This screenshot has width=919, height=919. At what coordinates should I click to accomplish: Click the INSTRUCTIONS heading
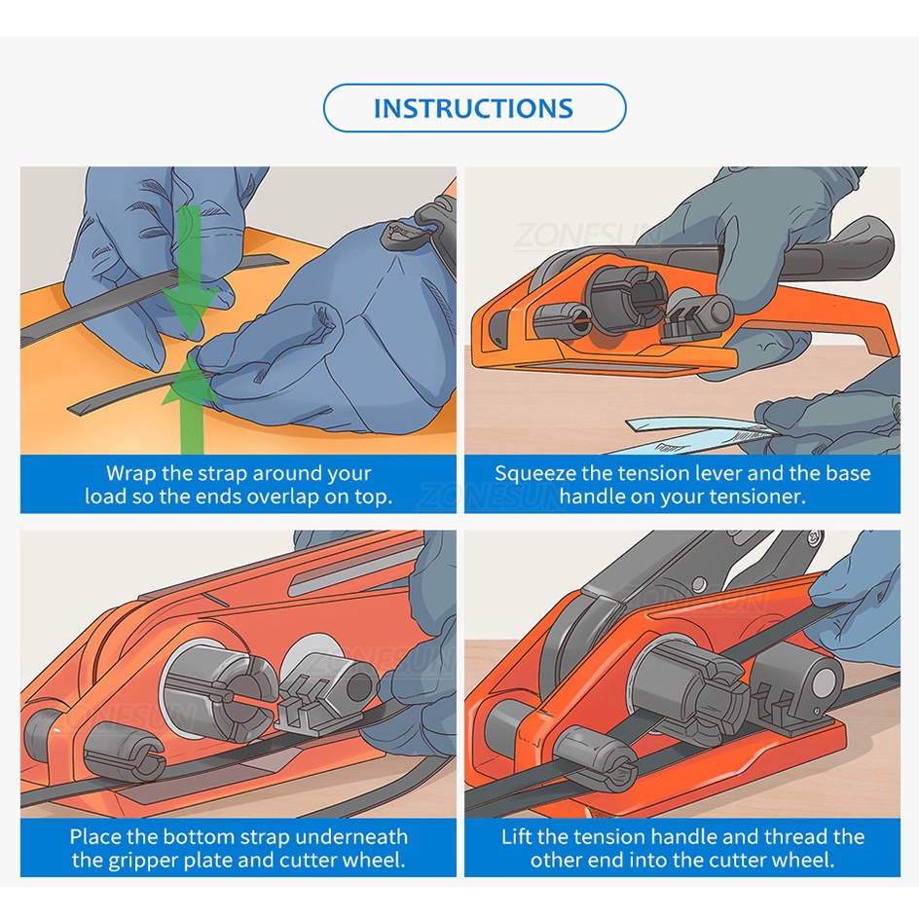pyautogui.click(x=473, y=108)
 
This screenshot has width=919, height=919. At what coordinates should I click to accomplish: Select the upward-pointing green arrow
pyautogui.click(x=189, y=404)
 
